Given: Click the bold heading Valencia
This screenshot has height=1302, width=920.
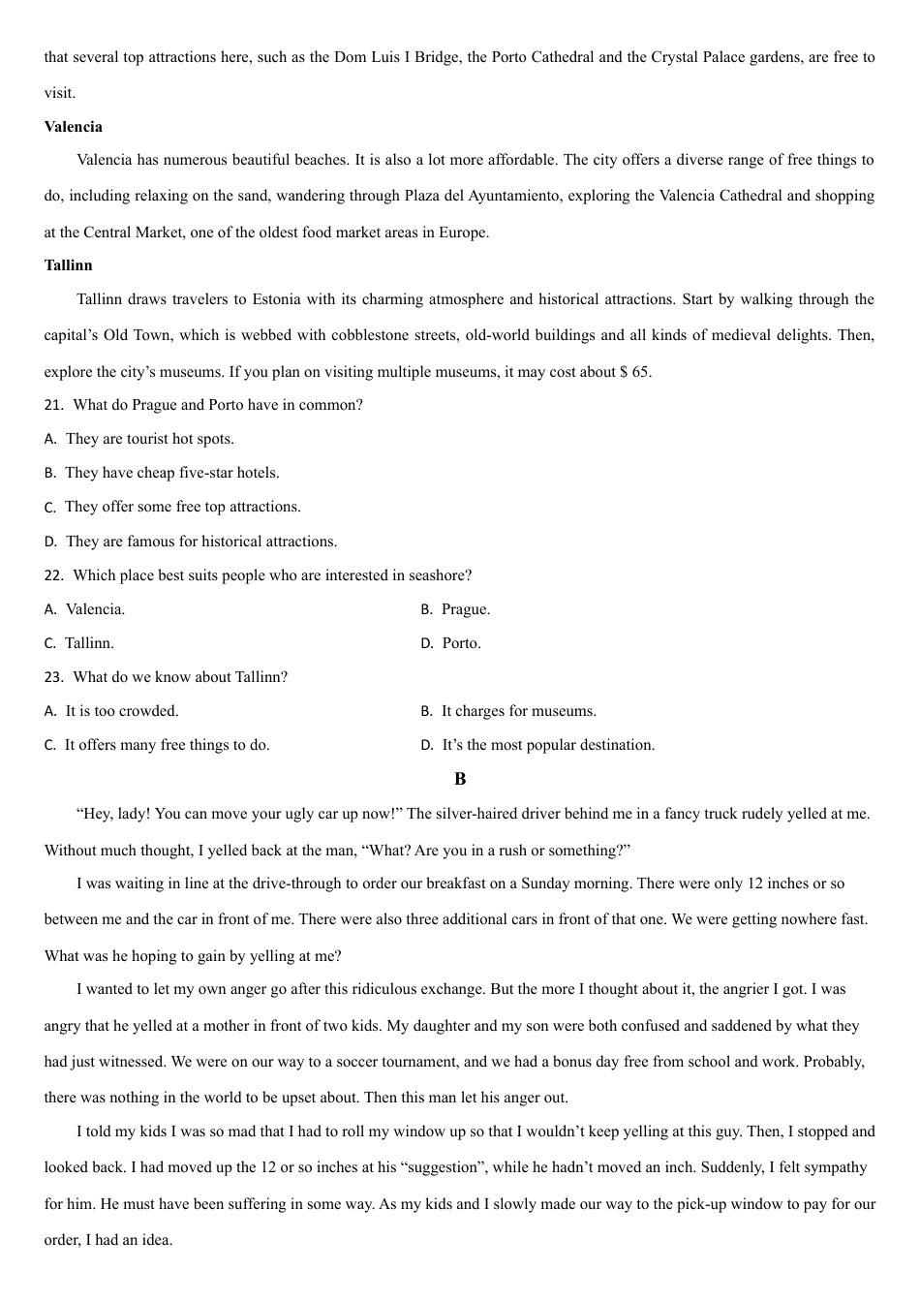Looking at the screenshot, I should [x=73, y=127].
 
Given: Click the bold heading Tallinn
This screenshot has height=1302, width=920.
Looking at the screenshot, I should [x=68, y=265].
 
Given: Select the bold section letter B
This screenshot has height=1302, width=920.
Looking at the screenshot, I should [x=460, y=779].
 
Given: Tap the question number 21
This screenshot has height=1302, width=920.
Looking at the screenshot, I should [x=53, y=405].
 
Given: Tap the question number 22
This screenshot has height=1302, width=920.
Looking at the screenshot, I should [x=53, y=575].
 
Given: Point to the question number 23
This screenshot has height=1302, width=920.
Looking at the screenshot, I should [x=53, y=677].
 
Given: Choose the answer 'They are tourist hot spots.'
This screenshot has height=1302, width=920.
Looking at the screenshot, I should [x=149, y=439].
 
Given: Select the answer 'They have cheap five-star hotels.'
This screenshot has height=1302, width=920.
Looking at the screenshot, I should [x=171, y=473].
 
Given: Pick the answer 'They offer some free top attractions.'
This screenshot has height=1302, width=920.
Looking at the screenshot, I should [x=182, y=507].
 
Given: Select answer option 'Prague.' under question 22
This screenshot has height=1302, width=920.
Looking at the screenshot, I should [x=465, y=609].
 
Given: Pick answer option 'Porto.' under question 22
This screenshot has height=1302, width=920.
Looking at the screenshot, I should [x=461, y=643].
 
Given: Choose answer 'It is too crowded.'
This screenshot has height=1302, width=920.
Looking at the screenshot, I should [x=121, y=711].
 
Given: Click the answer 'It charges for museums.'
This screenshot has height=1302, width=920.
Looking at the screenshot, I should [x=518, y=711].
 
